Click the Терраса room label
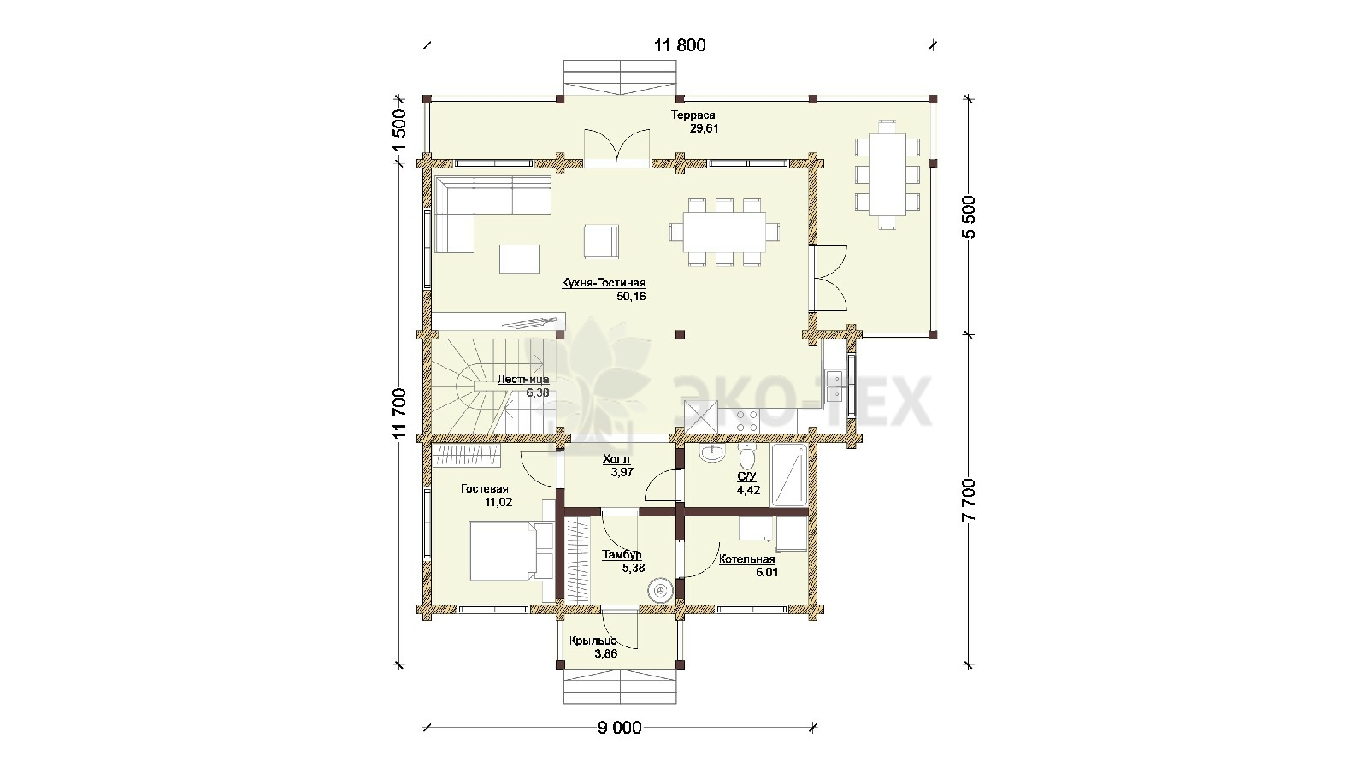pos(693,115)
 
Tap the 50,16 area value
pos(632,297)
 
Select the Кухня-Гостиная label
pos(604,283)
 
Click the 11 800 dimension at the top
pos(680,45)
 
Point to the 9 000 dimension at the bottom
pos(619,728)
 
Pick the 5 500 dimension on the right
pos(969,217)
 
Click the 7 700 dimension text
pos(969,500)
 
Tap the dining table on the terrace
pos(887,174)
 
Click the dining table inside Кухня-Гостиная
pos(724,232)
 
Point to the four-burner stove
pos(746,421)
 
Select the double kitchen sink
pos(834,386)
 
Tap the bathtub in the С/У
pos(790,475)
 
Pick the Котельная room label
pos(747,559)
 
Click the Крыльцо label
pos(593,640)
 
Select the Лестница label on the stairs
pos(522,380)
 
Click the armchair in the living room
pos(602,241)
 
